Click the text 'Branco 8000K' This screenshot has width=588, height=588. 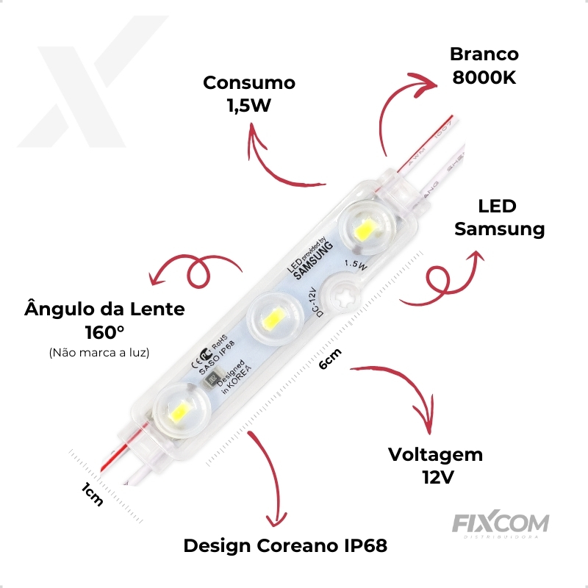tap(484, 65)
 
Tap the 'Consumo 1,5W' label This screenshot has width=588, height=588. tap(249, 93)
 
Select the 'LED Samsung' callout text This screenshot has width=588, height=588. tap(499, 218)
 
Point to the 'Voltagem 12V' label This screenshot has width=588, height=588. tap(435, 465)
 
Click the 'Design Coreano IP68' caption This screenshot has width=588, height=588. tap(285, 546)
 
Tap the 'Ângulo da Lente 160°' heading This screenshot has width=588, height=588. tap(104, 319)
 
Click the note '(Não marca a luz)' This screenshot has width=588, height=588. tap(99, 353)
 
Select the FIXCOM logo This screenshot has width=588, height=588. tap(499, 526)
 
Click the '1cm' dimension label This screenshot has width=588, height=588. tap(93, 495)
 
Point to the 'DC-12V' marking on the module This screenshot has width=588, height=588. tap(311, 301)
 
